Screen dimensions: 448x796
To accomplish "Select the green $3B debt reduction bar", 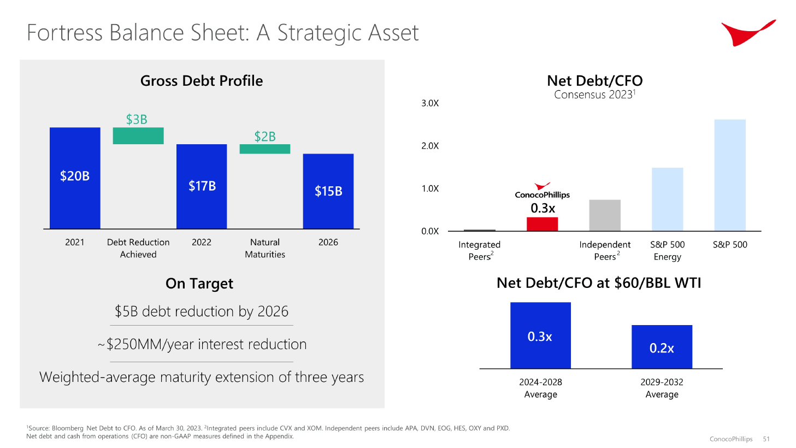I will coord(138,135).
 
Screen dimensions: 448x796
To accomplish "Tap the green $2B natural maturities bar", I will coord(265,149).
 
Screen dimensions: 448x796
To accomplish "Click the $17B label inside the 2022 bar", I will coord(202,186).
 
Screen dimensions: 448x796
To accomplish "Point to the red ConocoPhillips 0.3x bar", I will coord(542,224).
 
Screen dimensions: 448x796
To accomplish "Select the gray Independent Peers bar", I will coord(605,215).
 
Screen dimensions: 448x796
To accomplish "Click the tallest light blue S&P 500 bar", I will coord(730,175).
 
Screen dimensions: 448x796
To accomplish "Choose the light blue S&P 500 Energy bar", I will coord(667,199).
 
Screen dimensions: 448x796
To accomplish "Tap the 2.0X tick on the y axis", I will coord(430,146).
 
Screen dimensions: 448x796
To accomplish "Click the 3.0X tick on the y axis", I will coord(430,103).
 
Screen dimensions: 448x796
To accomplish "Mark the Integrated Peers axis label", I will coord(479,251).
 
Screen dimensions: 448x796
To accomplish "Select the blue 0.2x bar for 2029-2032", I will coord(662,347).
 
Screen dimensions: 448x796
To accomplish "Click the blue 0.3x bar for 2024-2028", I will coord(540,335).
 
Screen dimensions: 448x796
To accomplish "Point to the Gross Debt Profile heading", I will coord(202,81).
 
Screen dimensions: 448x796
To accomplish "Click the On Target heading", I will coord(199,284).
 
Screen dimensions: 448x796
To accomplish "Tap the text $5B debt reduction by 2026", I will coord(202,311).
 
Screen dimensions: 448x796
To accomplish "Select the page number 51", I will coord(766,439).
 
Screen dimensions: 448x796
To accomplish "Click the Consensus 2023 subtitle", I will coord(594,95).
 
